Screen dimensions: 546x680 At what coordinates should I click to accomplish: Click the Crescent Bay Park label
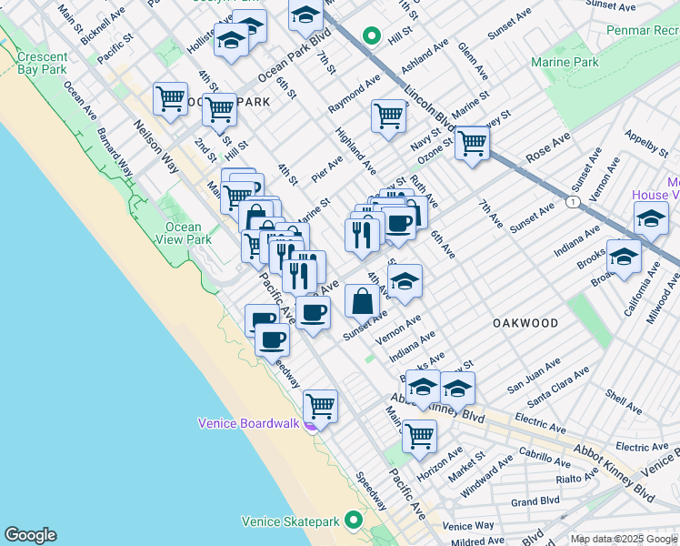[42, 63]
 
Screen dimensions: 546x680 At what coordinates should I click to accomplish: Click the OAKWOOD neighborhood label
[525, 323]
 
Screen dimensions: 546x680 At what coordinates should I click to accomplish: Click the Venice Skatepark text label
[290, 521]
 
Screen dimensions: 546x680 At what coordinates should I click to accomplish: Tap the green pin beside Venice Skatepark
[352, 521]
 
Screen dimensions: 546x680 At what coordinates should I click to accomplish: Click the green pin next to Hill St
[371, 36]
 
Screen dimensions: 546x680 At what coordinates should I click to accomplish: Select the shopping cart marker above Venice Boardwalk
[320, 406]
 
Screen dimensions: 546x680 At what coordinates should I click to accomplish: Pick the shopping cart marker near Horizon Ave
[419, 436]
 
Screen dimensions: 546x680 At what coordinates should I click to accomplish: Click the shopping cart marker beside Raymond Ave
[388, 116]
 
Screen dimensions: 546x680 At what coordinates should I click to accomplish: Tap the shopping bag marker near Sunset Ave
[362, 300]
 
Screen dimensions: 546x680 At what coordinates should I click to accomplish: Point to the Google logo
[30, 535]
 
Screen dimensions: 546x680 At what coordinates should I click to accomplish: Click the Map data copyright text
[623, 539]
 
